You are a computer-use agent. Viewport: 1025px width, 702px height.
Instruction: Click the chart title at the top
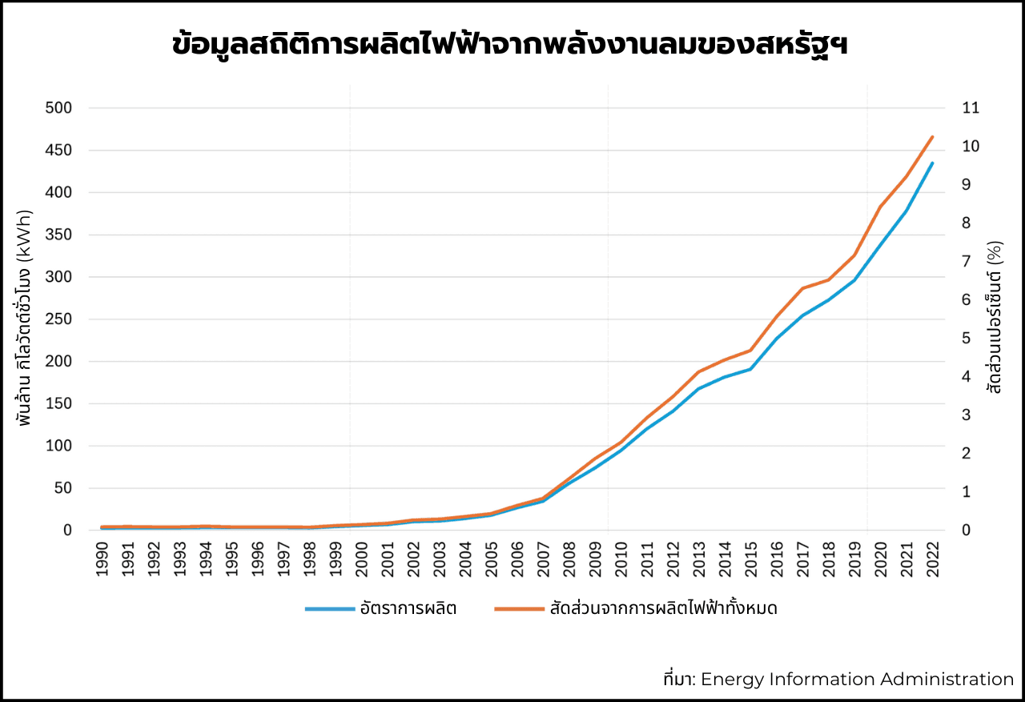pos(511,45)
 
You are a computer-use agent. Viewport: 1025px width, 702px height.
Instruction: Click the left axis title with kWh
pos(25,318)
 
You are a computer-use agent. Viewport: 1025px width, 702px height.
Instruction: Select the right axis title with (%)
pos(995,318)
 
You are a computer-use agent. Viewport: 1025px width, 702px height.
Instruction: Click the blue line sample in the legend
pos(329,609)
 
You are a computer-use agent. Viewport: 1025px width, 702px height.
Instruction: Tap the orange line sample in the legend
pos(519,609)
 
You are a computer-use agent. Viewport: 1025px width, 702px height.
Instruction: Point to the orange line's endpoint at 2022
pos(932,137)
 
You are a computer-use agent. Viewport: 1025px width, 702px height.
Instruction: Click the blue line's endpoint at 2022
pos(932,163)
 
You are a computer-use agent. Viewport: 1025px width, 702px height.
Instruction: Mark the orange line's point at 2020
pos(880,207)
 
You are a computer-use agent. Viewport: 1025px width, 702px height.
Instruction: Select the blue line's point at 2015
pos(750,369)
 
